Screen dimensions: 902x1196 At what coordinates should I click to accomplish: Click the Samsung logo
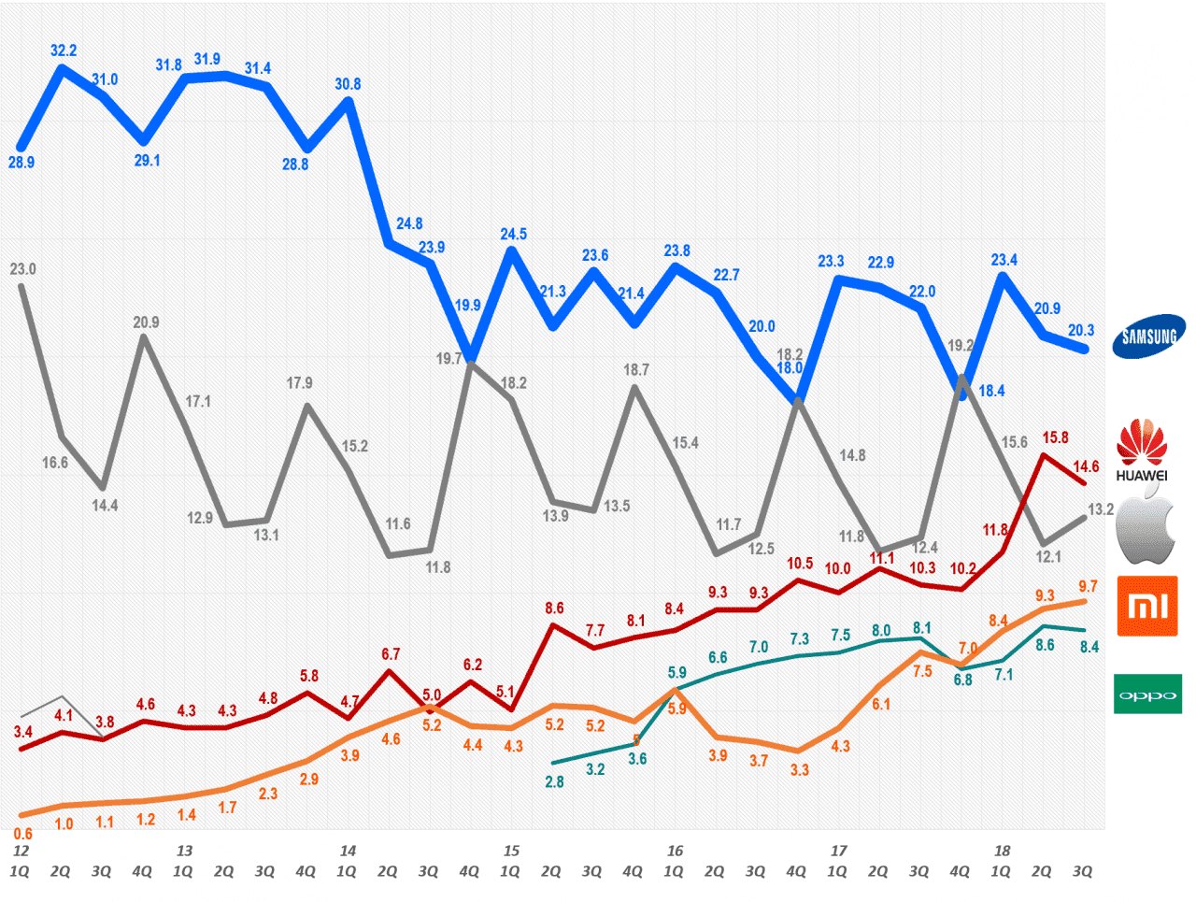[x=1148, y=336]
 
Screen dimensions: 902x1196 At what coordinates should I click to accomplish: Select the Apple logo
[x=1146, y=530]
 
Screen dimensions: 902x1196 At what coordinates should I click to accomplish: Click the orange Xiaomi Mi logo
[x=1147, y=607]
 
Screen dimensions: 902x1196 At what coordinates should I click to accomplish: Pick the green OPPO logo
[x=1147, y=694]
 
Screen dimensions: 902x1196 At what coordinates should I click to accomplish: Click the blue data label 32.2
[x=64, y=50]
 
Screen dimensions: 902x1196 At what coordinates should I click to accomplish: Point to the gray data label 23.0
[x=22, y=269]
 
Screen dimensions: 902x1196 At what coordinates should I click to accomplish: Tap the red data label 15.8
[x=1055, y=437]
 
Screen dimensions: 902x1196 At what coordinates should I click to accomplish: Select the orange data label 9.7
[x=1088, y=586]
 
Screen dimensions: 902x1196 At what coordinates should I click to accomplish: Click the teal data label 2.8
[x=554, y=781]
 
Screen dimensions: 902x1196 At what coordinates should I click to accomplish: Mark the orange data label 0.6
[x=23, y=834]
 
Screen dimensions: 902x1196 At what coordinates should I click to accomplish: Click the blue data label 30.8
[x=348, y=84]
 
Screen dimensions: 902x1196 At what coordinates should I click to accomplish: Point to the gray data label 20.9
[x=146, y=322]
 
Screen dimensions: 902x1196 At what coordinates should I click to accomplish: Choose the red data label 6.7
[x=391, y=654]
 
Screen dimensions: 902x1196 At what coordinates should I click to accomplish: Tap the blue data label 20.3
[x=1081, y=330]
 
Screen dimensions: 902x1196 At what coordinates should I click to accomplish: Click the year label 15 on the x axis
[x=511, y=851]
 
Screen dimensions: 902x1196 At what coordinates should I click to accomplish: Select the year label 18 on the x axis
[x=1002, y=851]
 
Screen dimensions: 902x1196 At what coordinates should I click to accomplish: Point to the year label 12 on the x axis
[x=21, y=851]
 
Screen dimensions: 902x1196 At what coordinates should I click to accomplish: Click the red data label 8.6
[x=554, y=608]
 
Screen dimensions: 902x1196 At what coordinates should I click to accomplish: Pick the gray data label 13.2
[x=1101, y=509]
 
